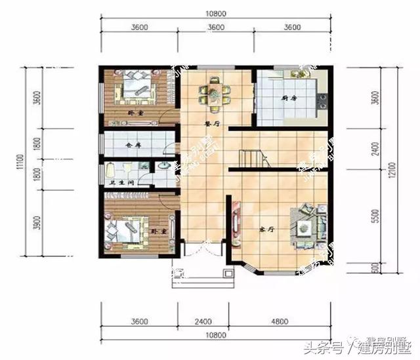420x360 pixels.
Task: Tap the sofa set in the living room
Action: click(x=304, y=227)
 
